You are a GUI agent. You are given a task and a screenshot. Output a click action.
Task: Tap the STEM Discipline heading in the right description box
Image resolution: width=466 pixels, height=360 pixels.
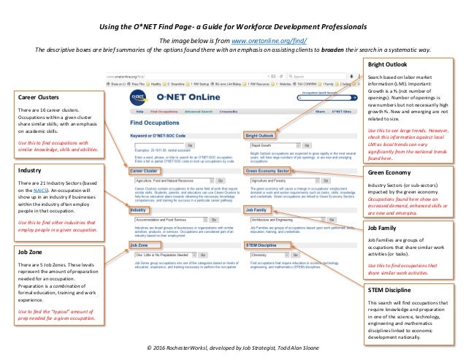pyautogui.click(x=389, y=290)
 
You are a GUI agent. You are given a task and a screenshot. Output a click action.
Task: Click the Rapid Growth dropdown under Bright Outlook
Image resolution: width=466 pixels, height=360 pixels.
pyautogui.click(x=271, y=144)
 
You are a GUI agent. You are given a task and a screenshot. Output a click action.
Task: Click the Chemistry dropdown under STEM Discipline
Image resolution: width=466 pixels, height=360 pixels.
pyautogui.click(x=270, y=255)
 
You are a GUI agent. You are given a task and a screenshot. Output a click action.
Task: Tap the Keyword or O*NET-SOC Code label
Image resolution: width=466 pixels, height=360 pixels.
pyautogui.click(x=161, y=135)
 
